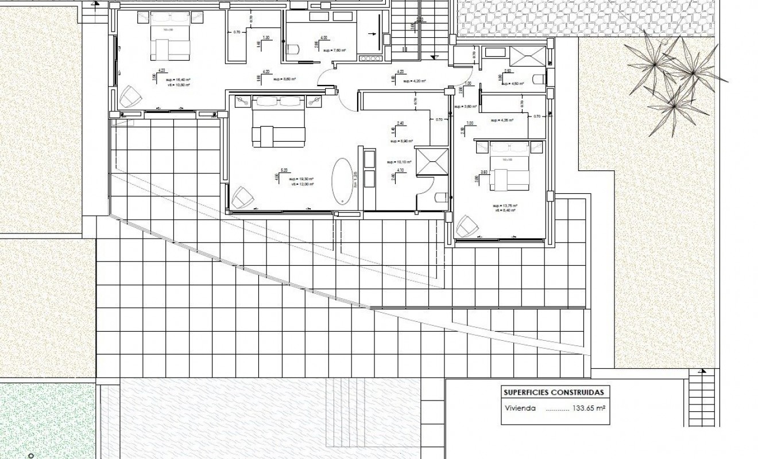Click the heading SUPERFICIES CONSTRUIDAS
553,393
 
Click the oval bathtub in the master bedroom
344,180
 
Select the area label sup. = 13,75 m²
505,205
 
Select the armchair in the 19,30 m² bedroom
242,197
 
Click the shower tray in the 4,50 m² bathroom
528,58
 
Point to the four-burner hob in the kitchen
368,57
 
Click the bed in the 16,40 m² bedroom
171,42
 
